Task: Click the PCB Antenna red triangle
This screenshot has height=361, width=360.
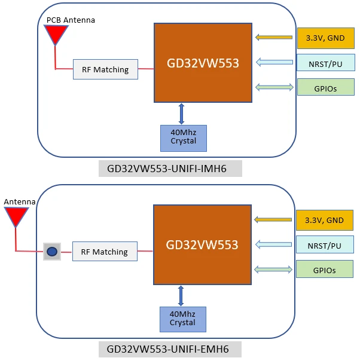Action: click(x=56, y=33)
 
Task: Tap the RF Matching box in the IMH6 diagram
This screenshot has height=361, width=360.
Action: click(x=105, y=69)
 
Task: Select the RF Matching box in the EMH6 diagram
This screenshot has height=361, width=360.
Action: click(x=105, y=252)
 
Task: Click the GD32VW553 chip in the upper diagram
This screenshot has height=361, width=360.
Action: click(x=202, y=63)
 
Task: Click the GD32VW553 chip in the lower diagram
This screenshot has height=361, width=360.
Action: click(x=202, y=244)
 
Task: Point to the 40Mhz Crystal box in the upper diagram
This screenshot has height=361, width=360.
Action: click(x=183, y=137)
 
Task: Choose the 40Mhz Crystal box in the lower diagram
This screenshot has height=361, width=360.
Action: click(x=182, y=319)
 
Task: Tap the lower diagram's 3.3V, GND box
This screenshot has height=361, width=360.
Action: click(x=324, y=220)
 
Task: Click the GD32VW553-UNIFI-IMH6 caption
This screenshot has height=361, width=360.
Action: click(x=170, y=169)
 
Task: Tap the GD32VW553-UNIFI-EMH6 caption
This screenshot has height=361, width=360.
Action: click(x=170, y=350)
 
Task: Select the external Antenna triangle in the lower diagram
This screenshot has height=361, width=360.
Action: click(x=16, y=216)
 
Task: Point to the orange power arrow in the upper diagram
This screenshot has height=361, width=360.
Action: click(x=275, y=38)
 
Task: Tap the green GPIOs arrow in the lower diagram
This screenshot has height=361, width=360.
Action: click(x=274, y=270)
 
